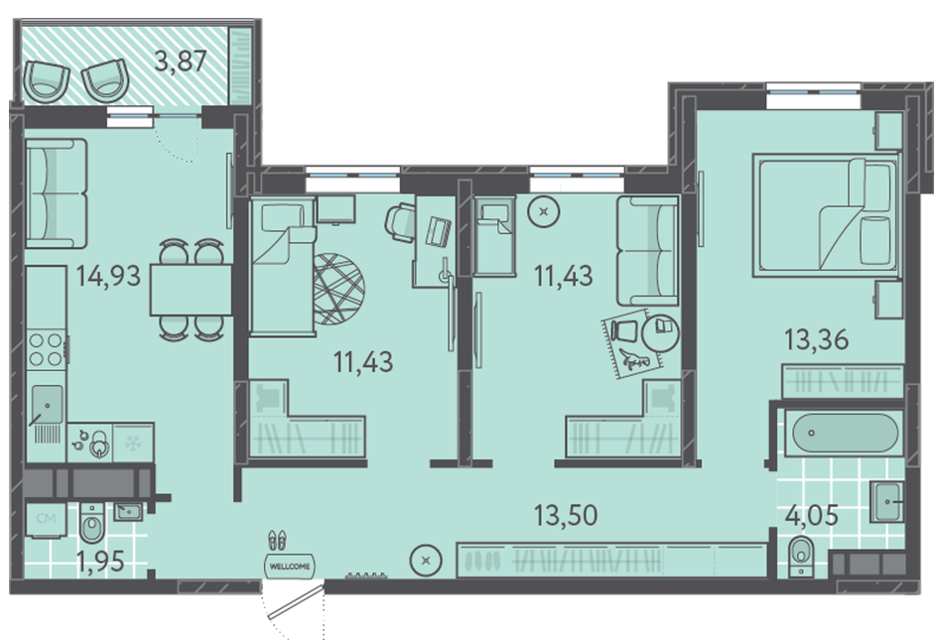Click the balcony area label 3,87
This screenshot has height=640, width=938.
pos(181,61)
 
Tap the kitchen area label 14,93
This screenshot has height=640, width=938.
pos(108,276)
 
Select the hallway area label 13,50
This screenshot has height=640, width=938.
pos(566,515)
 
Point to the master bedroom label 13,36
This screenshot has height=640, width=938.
pos(817,339)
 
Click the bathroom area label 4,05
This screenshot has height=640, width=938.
pos(812,515)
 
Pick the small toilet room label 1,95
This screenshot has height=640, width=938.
pos(100,561)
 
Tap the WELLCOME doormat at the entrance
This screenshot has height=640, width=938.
pos(290,566)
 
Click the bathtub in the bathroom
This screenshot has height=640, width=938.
pos(845,434)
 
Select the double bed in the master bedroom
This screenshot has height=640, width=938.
pos(826,215)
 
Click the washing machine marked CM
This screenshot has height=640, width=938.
pos(46,519)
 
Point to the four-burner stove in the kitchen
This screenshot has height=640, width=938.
pos(46,349)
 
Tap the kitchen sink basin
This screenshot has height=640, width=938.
pos(47,404)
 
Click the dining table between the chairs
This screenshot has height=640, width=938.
pos(191,290)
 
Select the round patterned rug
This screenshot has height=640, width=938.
pos(338,290)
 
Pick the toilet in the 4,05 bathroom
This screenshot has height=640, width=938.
pos(801,557)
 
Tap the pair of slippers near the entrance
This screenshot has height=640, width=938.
pos(277,541)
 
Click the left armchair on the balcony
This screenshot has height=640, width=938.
pos(47,81)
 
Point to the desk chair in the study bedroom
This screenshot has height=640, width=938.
pos(400,222)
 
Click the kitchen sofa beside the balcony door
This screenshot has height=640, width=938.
pos(57,193)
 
